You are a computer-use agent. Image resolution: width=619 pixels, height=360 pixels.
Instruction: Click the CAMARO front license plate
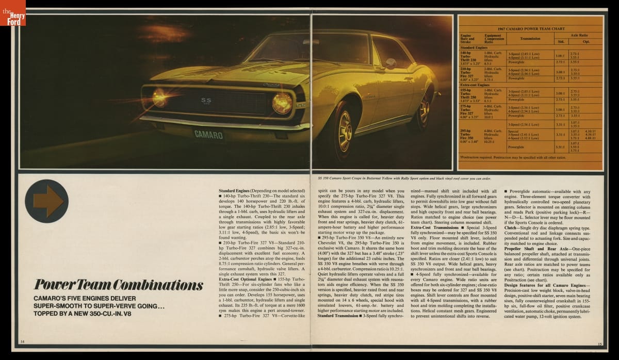pyautogui.click(x=209, y=135)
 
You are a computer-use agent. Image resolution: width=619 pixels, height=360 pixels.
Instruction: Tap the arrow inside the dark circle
pyautogui.click(x=47, y=201)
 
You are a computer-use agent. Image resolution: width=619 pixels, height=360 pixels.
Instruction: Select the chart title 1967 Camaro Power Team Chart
pyautogui.click(x=530, y=28)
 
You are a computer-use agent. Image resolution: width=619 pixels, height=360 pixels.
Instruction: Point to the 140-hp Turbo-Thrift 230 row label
pyautogui.click(x=469, y=56)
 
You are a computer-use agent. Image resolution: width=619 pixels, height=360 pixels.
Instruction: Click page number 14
pyautogui.click(x=22, y=342)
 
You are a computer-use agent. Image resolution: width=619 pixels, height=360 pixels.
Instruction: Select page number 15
pyautogui.click(x=599, y=344)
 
